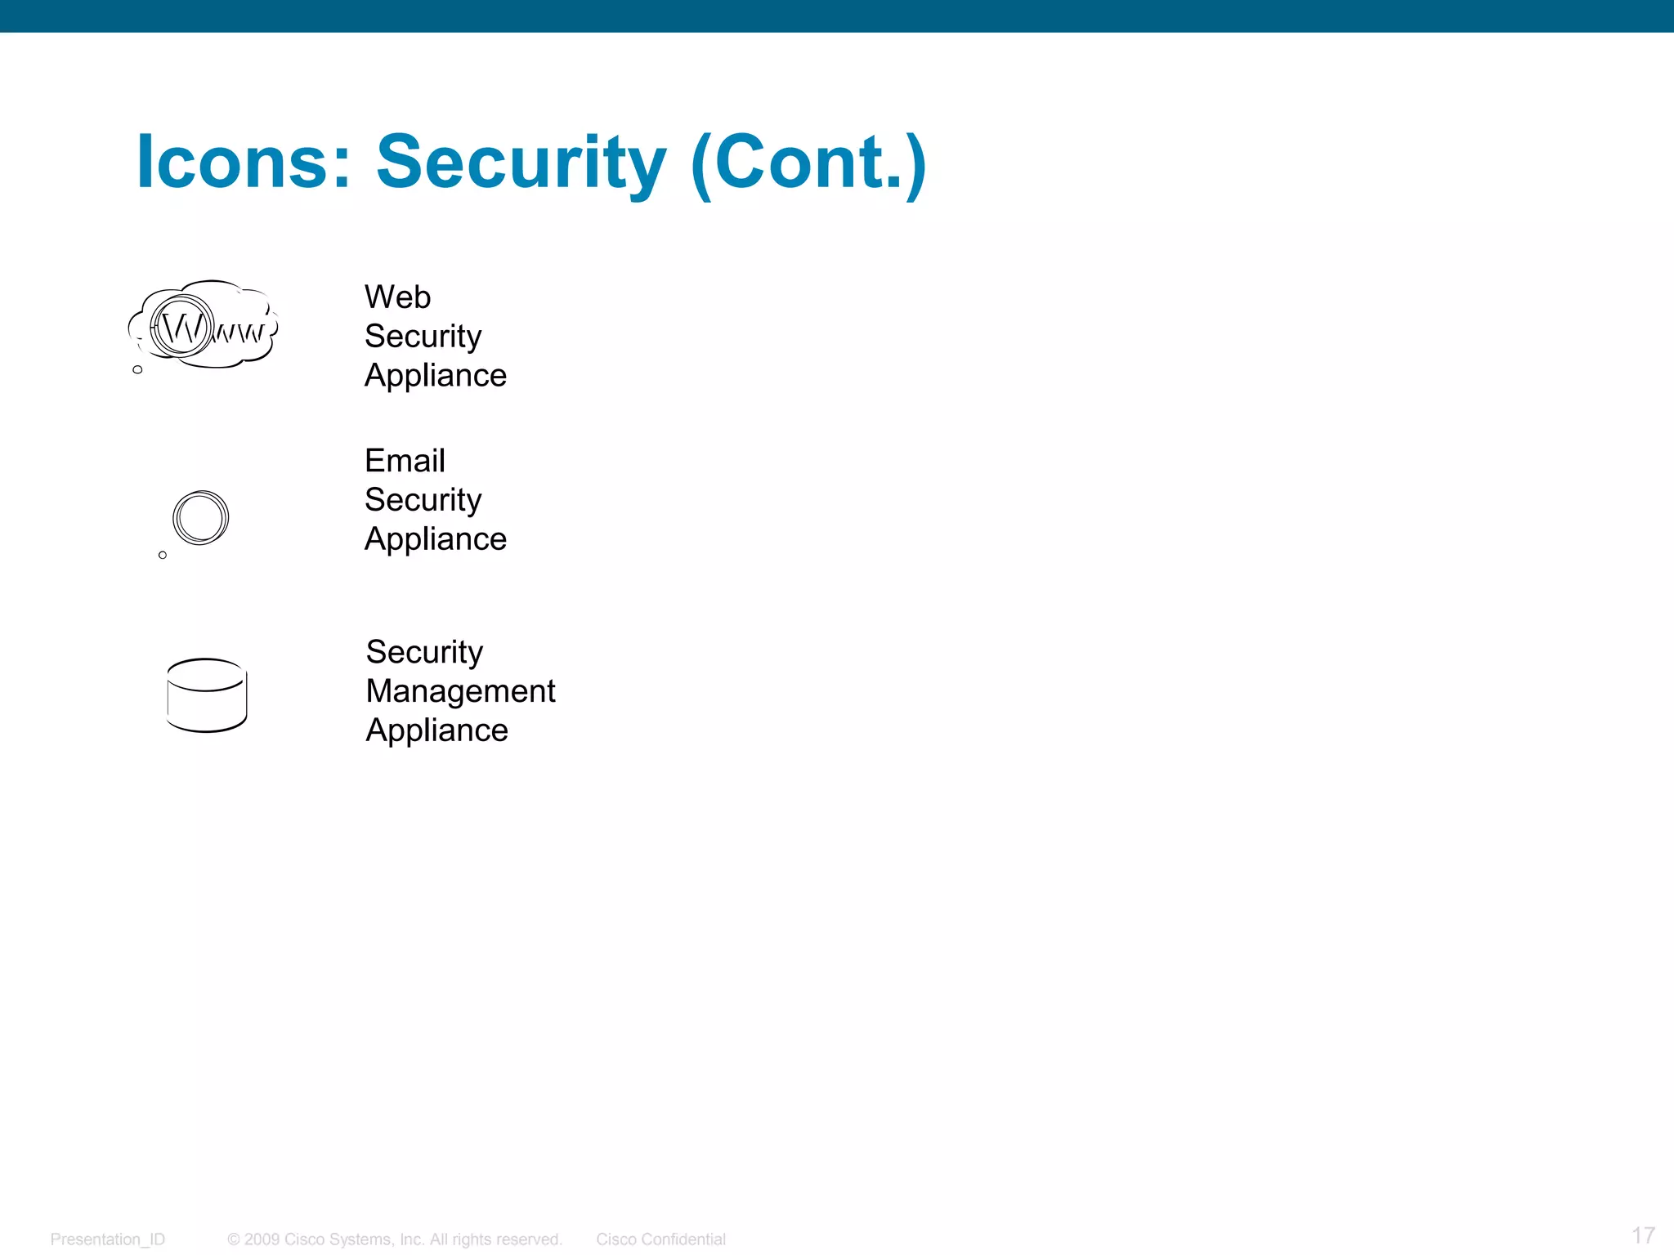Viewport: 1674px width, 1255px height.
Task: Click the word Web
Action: click(397, 297)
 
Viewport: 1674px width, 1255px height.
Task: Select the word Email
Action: click(405, 461)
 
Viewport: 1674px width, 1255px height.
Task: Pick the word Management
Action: click(460, 691)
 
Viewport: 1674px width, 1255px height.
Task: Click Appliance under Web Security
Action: click(436, 375)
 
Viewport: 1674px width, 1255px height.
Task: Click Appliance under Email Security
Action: click(436, 539)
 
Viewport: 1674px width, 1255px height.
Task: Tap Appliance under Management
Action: click(436, 730)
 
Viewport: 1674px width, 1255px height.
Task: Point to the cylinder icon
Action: click(207, 695)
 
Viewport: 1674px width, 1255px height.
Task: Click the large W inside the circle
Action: click(181, 328)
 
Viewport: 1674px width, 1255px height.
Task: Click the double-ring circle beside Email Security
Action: click(200, 517)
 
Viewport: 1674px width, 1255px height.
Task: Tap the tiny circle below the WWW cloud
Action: click(137, 370)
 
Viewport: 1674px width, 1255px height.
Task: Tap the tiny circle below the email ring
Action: click(163, 556)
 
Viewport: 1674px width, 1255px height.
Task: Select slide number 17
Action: click(1643, 1235)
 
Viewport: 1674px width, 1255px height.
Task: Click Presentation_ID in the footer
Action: click(107, 1239)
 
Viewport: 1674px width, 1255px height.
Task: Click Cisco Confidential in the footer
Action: click(660, 1239)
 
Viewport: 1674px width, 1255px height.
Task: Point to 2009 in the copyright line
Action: click(262, 1239)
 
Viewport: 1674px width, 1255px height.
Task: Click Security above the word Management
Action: click(424, 652)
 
